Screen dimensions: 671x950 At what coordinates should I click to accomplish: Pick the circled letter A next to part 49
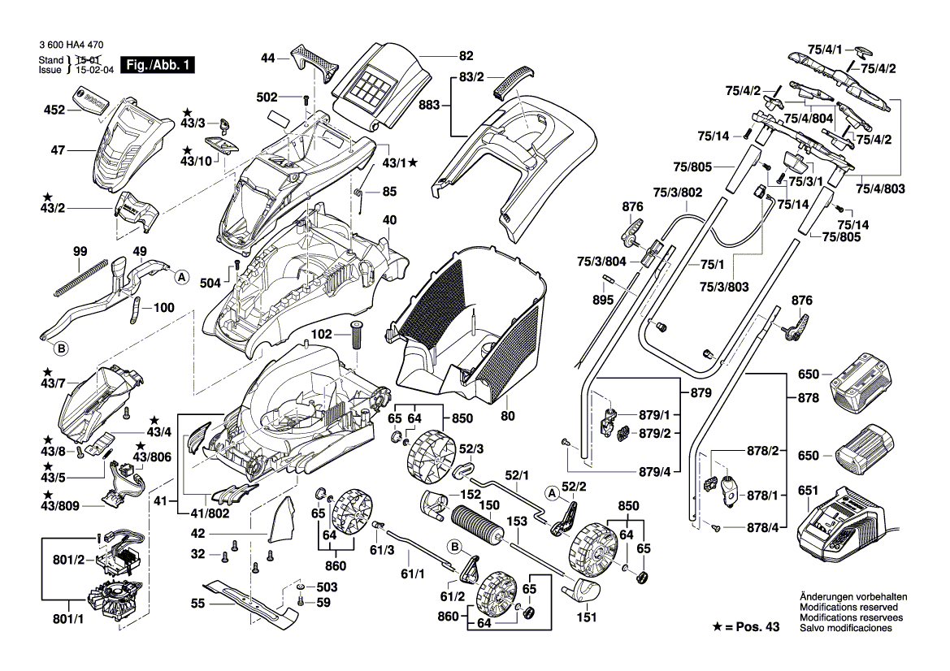click(181, 276)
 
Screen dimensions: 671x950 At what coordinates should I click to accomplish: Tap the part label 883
click(430, 106)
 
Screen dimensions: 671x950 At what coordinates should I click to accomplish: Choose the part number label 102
click(322, 333)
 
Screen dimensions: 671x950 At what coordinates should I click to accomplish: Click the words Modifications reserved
click(848, 607)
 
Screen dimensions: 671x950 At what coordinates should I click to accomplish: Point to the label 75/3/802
click(678, 193)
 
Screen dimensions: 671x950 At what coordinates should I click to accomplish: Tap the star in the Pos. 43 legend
click(718, 628)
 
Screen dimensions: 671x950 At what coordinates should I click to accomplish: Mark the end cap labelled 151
click(585, 588)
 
